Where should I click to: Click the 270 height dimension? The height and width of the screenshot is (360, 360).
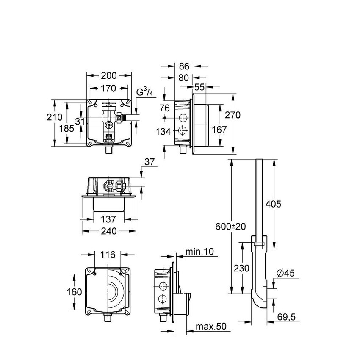pyautogui.click(x=233, y=115)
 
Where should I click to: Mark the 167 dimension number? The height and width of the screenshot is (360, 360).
pyautogui.click(x=219, y=130)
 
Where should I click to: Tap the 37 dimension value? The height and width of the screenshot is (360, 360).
pyautogui.click(x=150, y=162)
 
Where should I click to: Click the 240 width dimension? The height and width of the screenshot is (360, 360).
pyautogui.click(x=109, y=231)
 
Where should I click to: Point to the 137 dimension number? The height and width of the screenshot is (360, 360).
pyautogui.click(x=109, y=219)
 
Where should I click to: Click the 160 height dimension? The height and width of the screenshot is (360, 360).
pyautogui.click(x=75, y=292)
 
